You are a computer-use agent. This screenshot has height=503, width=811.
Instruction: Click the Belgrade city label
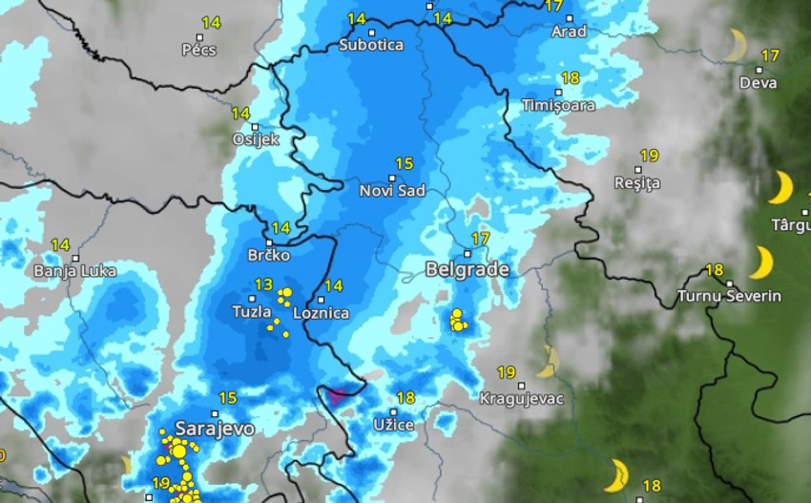(x=467, y=270)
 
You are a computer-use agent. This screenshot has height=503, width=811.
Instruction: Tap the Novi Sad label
(x=392, y=191)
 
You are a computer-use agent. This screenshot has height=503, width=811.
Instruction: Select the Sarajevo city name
(x=214, y=429)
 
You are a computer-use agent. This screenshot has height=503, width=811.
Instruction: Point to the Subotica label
(x=371, y=45)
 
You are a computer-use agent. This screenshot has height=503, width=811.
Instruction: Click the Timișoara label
(x=558, y=105)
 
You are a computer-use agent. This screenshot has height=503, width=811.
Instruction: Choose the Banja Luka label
(x=74, y=271)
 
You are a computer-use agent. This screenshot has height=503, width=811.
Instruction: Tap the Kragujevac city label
(x=521, y=398)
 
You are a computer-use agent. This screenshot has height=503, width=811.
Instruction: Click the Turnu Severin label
(x=729, y=296)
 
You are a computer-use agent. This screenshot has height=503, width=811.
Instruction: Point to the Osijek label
(x=256, y=139)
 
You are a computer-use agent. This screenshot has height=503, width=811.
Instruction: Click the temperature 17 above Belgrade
(x=480, y=238)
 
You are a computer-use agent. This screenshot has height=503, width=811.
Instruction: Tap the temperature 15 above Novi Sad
(x=404, y=163)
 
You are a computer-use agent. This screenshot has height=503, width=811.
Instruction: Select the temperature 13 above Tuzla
(x=263, y=284)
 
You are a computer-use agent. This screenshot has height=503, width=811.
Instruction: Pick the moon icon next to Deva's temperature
(x=735, y=44)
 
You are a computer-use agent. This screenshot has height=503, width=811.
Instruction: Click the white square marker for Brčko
(x=269, y=242)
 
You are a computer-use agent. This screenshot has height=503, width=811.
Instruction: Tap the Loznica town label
(x=321, y=312)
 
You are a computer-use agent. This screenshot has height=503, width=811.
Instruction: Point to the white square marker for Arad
(x=570, y=18)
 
